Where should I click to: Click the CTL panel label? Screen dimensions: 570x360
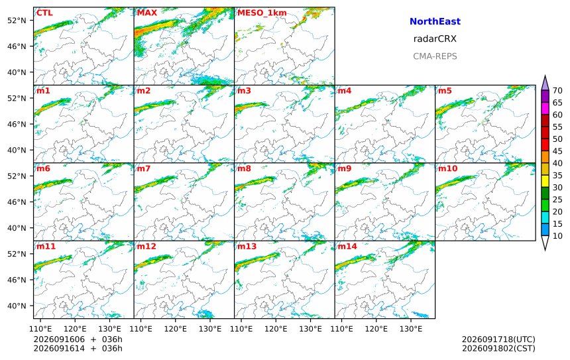(44, 13)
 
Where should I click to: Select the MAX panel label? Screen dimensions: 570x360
(147, 13)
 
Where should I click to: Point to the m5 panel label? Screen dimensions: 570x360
(445, 91)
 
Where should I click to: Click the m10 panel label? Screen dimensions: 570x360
(447, 168)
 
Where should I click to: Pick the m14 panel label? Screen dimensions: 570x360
(347, 246)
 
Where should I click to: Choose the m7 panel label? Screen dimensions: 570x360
(143, 168)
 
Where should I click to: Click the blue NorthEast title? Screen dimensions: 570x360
(435, 21)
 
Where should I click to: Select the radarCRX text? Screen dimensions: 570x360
(435, 39)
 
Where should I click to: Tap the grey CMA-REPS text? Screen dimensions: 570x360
(435, 56)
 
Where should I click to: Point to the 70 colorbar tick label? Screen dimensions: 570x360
(557, 91)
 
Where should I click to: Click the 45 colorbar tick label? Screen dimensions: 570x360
(557, 151)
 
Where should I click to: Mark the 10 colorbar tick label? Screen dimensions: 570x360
(557, 236)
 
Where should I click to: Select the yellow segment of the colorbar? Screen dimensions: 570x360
(545, 181)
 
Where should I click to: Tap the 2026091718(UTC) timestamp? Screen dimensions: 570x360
(498, 339)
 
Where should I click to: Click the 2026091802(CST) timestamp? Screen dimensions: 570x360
(498, 348)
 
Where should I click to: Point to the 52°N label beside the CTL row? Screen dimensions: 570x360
(17, 21)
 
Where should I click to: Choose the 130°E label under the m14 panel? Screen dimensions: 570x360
(411, 329)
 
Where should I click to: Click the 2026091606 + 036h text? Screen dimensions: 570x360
(78, 339)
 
